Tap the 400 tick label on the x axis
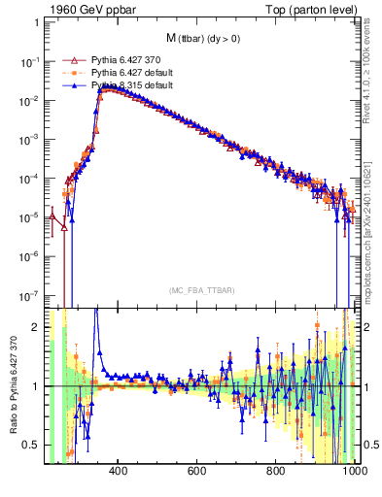(119, 472)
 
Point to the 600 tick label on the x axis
(196, 472)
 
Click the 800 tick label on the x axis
(275, 472)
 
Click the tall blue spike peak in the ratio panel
(95, 313)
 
